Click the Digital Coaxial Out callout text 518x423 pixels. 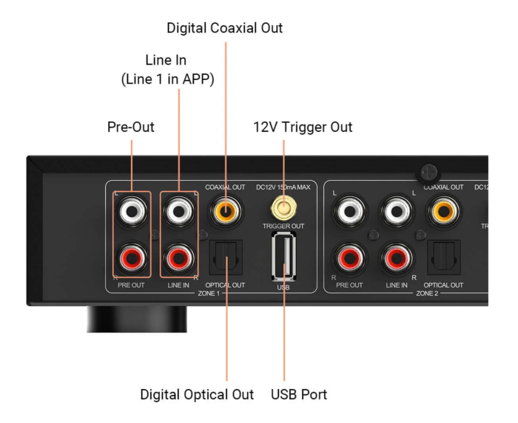coord(225,28)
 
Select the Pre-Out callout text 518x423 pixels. coord(132,127)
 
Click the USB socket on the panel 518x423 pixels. coord(283,256)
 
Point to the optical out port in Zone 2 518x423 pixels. coord(443,257)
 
